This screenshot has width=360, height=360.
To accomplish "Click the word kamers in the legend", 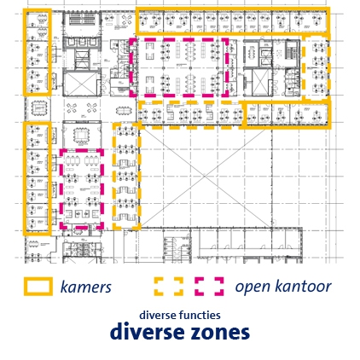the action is tap(86, 287).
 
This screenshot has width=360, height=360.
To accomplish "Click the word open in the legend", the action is tap(253, 287).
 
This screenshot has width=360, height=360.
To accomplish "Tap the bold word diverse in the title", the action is tap(148, 331).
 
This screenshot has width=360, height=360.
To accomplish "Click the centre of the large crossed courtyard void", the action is tap(205, 177).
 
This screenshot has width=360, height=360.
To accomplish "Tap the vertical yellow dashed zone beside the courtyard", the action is tap(114, 177).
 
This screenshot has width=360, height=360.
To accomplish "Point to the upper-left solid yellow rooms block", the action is tap(25, 52).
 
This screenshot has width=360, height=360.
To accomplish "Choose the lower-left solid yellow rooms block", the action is tap(25, 178).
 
